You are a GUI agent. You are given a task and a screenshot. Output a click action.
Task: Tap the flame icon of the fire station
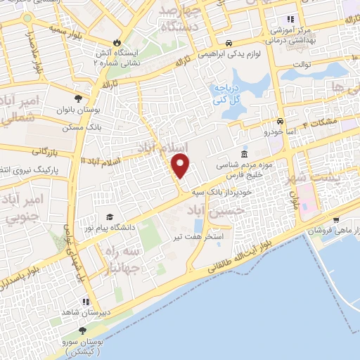point(126,42)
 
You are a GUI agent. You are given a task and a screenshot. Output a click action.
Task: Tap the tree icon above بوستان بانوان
point(77,98)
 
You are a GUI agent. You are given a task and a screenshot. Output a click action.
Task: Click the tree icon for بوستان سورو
point(83,329)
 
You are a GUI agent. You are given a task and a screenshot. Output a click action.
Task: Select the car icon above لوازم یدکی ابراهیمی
point(230,42)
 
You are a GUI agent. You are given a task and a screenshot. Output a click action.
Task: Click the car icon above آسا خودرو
point(281,121)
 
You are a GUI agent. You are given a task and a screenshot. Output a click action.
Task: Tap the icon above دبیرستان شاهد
point(86,302)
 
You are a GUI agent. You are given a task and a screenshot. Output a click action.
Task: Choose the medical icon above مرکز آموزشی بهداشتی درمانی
point(290,20)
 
